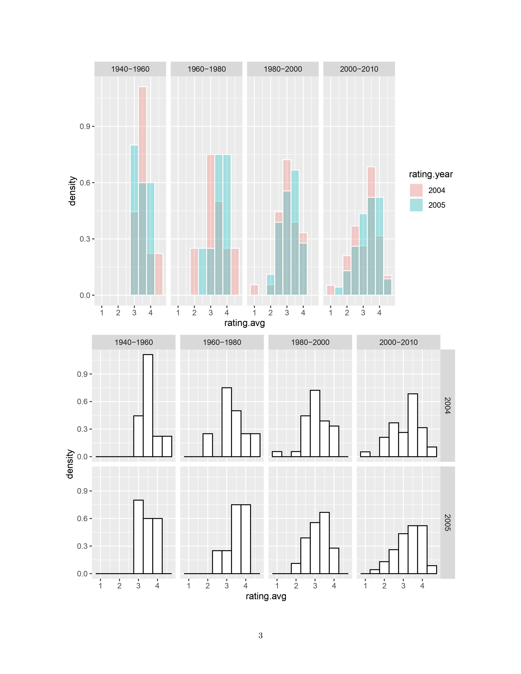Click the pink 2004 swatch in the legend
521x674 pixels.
point(416,190)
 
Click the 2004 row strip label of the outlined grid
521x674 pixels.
point(447,405)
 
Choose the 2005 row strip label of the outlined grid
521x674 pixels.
point(447,522)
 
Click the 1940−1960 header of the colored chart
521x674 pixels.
point(130,69)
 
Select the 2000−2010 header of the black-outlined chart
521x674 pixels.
point(398,342)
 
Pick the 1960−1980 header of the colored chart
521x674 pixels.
point(207,69)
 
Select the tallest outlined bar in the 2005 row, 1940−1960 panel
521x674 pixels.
point(138,537)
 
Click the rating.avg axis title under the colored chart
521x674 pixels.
point(244,323)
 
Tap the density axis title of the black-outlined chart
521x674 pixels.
point(70,464)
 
